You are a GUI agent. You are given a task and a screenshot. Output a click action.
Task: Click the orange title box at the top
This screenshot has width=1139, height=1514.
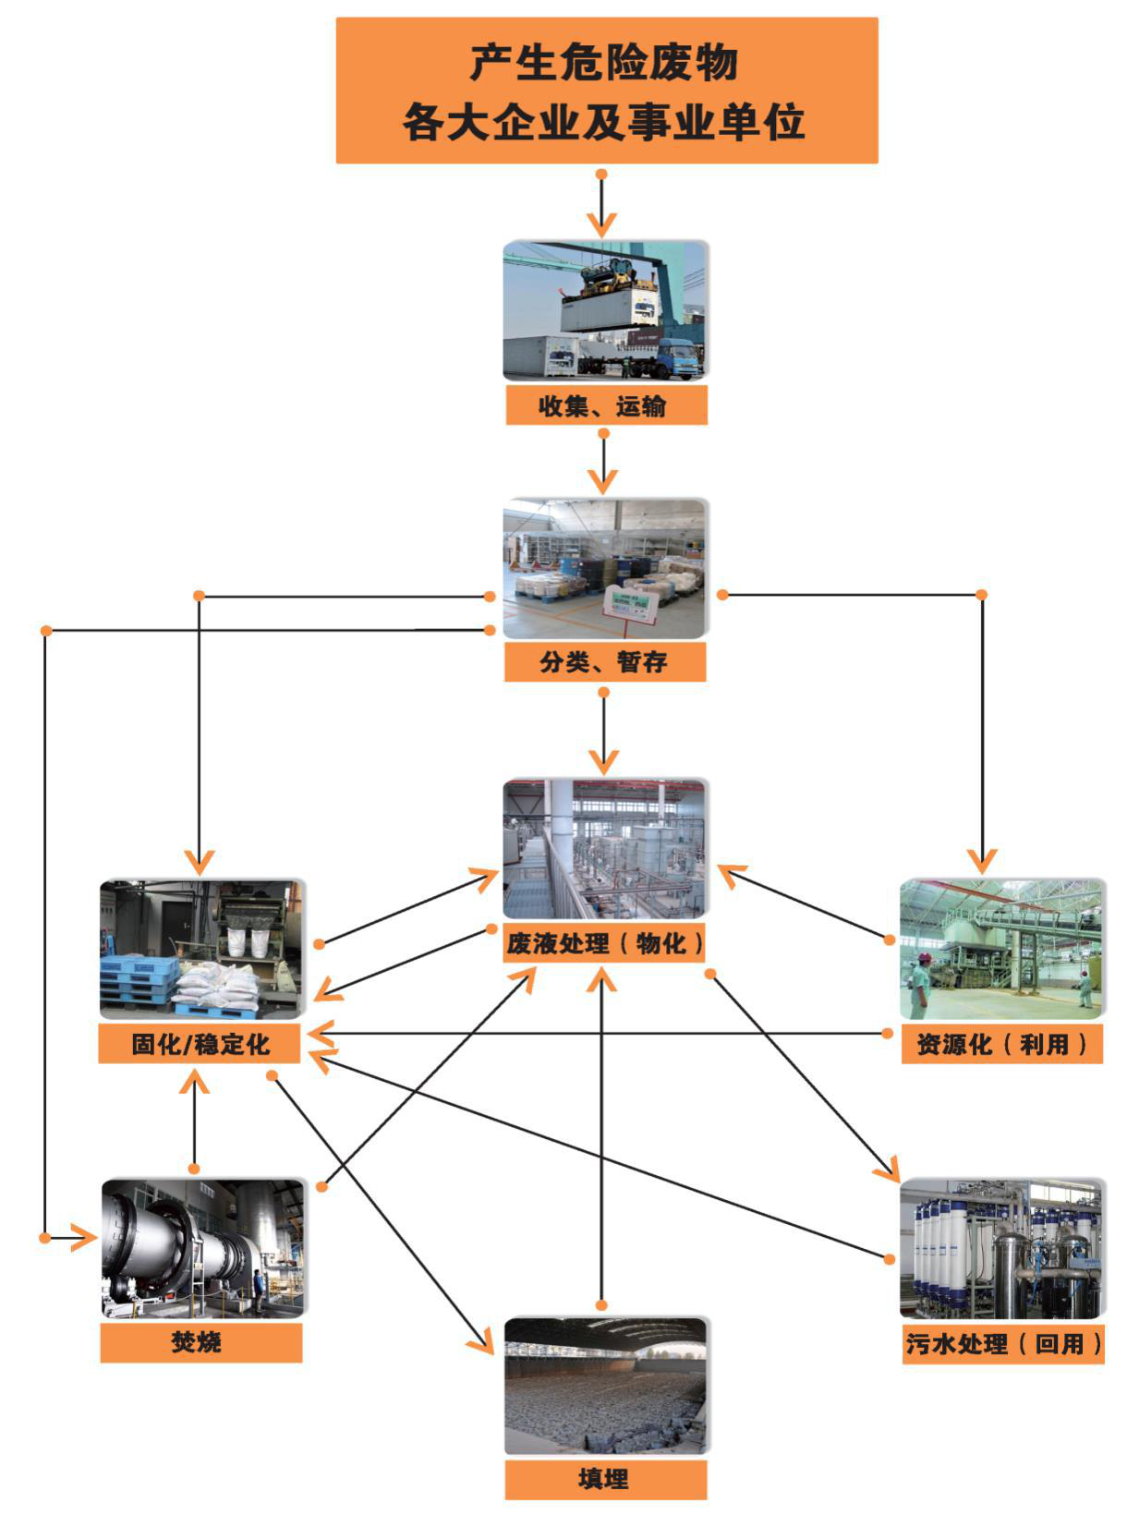pyautogui.click(x=606, y=91)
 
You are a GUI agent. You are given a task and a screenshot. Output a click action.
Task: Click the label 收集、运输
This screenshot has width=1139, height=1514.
pyautogui.click(x=606, y=406)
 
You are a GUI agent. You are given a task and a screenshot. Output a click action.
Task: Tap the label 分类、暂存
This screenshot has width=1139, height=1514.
pyautogui.click(x=604, y=662)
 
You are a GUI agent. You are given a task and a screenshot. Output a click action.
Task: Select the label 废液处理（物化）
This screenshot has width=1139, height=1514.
pyautogui.click(x=604, y=943)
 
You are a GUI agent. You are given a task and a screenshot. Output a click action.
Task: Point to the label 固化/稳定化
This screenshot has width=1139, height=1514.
pyautogui.click(x=200, y=1044)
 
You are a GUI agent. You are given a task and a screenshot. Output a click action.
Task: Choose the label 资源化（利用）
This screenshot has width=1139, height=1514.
pyautogui.click(x=1001, y=1045)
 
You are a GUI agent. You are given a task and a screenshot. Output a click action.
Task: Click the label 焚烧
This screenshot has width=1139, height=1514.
pyautogui.click(x=200, y=1343)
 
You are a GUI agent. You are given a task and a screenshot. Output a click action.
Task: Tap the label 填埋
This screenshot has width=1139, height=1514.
pyautogui.click(x=605, y=1479)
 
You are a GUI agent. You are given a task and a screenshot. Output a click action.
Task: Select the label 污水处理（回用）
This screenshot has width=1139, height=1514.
pyautogui.click(x=1002, y=1344)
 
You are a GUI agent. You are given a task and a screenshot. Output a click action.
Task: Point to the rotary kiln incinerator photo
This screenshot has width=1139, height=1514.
pyautogui.click(x=202, y=1247)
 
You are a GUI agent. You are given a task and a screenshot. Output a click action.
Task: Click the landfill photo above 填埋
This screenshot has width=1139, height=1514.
pyautogui.click(x=605, y=1386)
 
